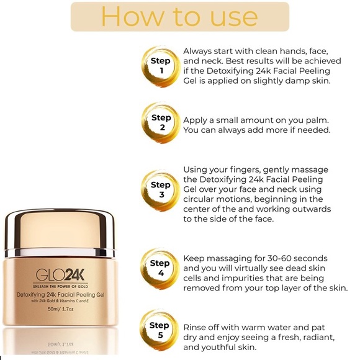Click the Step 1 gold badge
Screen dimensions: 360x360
(x=160, y=66)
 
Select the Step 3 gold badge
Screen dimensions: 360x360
(x=160, y=190)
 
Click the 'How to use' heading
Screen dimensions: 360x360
(x=179, y=17)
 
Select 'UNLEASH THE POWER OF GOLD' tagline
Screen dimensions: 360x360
(x=59, y=286)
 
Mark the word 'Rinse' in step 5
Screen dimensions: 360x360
(x=196, y=326)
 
